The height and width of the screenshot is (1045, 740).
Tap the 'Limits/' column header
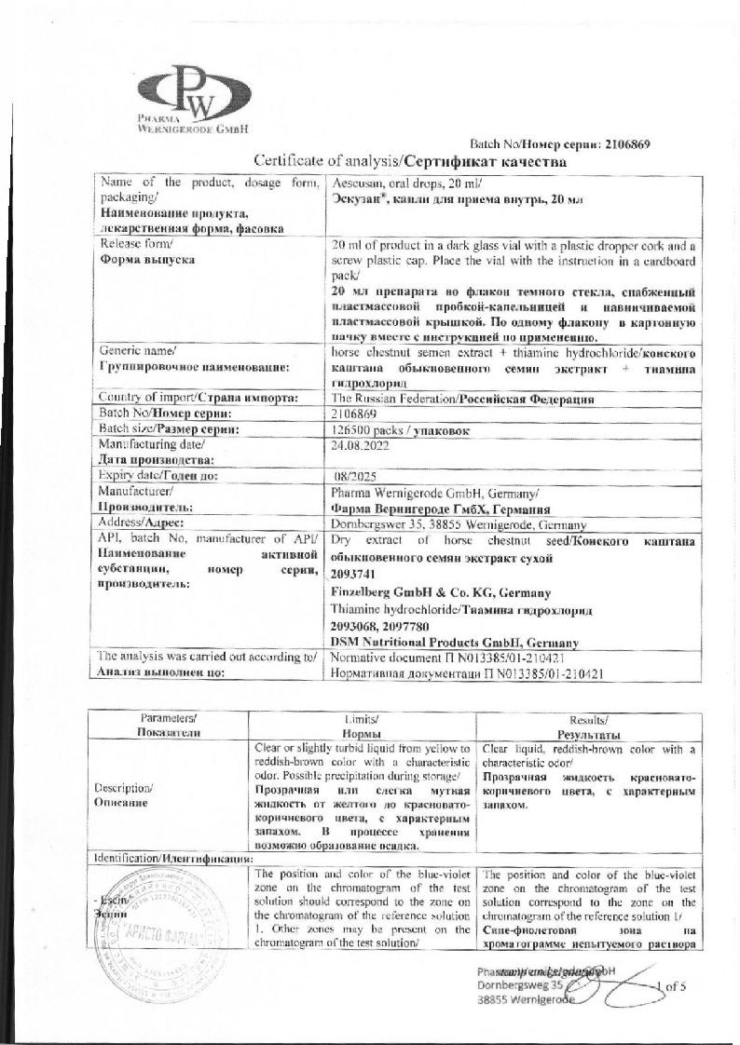(363, 718)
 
